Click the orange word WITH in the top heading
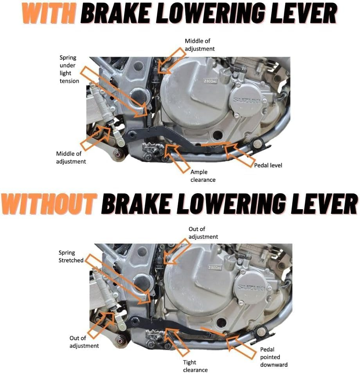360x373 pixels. click(x=49, y=13)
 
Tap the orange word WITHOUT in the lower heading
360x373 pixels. click(x=49, y=204)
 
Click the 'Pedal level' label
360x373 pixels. click(x=268, y=165)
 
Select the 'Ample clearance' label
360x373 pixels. click(x=203, y=176)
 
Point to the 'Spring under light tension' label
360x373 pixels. click(x=69, y=69)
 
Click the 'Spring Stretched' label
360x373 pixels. click(x=71, y=256)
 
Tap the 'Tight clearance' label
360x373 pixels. click(x=195, y=366)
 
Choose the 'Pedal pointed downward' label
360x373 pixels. click(x=274, y=357)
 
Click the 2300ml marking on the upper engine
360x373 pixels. click(x=211, y=81)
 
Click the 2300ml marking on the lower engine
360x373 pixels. click(x=214, y=268)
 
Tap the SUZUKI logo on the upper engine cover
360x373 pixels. click(x=247, y=100)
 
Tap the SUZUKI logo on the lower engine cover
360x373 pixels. click(x=252, y=288)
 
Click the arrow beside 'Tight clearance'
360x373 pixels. click(x=176, y=343)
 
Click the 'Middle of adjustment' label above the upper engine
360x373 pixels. click(x=200, y=45)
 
